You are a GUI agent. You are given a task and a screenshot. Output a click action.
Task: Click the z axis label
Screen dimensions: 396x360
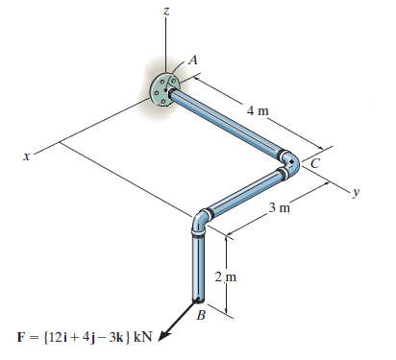(165, 12)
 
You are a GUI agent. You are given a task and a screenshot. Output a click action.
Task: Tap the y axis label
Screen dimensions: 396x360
(357, 192)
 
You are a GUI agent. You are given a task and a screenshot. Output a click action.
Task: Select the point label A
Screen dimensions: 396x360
(193, 60)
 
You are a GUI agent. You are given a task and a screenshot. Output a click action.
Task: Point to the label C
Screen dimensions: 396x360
(315, 163)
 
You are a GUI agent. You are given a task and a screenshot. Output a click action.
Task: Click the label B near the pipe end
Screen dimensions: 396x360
(201, 316)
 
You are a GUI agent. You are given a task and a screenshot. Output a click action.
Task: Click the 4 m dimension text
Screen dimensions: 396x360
(258, 111)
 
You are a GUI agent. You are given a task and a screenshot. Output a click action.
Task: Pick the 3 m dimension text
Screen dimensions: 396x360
(280, 208)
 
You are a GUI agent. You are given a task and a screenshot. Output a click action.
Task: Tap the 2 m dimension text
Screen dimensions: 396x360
(226, 276)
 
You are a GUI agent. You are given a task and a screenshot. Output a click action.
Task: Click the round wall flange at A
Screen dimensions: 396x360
(163, 89)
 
